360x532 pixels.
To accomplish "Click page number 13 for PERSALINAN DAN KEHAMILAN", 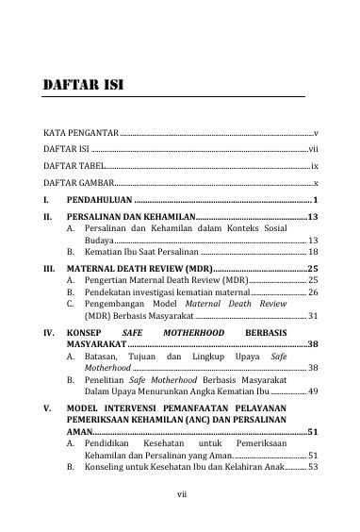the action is point(313,218).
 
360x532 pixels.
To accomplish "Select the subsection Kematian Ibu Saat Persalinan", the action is point(140,254).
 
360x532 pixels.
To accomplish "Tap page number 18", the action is point(313,254).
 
